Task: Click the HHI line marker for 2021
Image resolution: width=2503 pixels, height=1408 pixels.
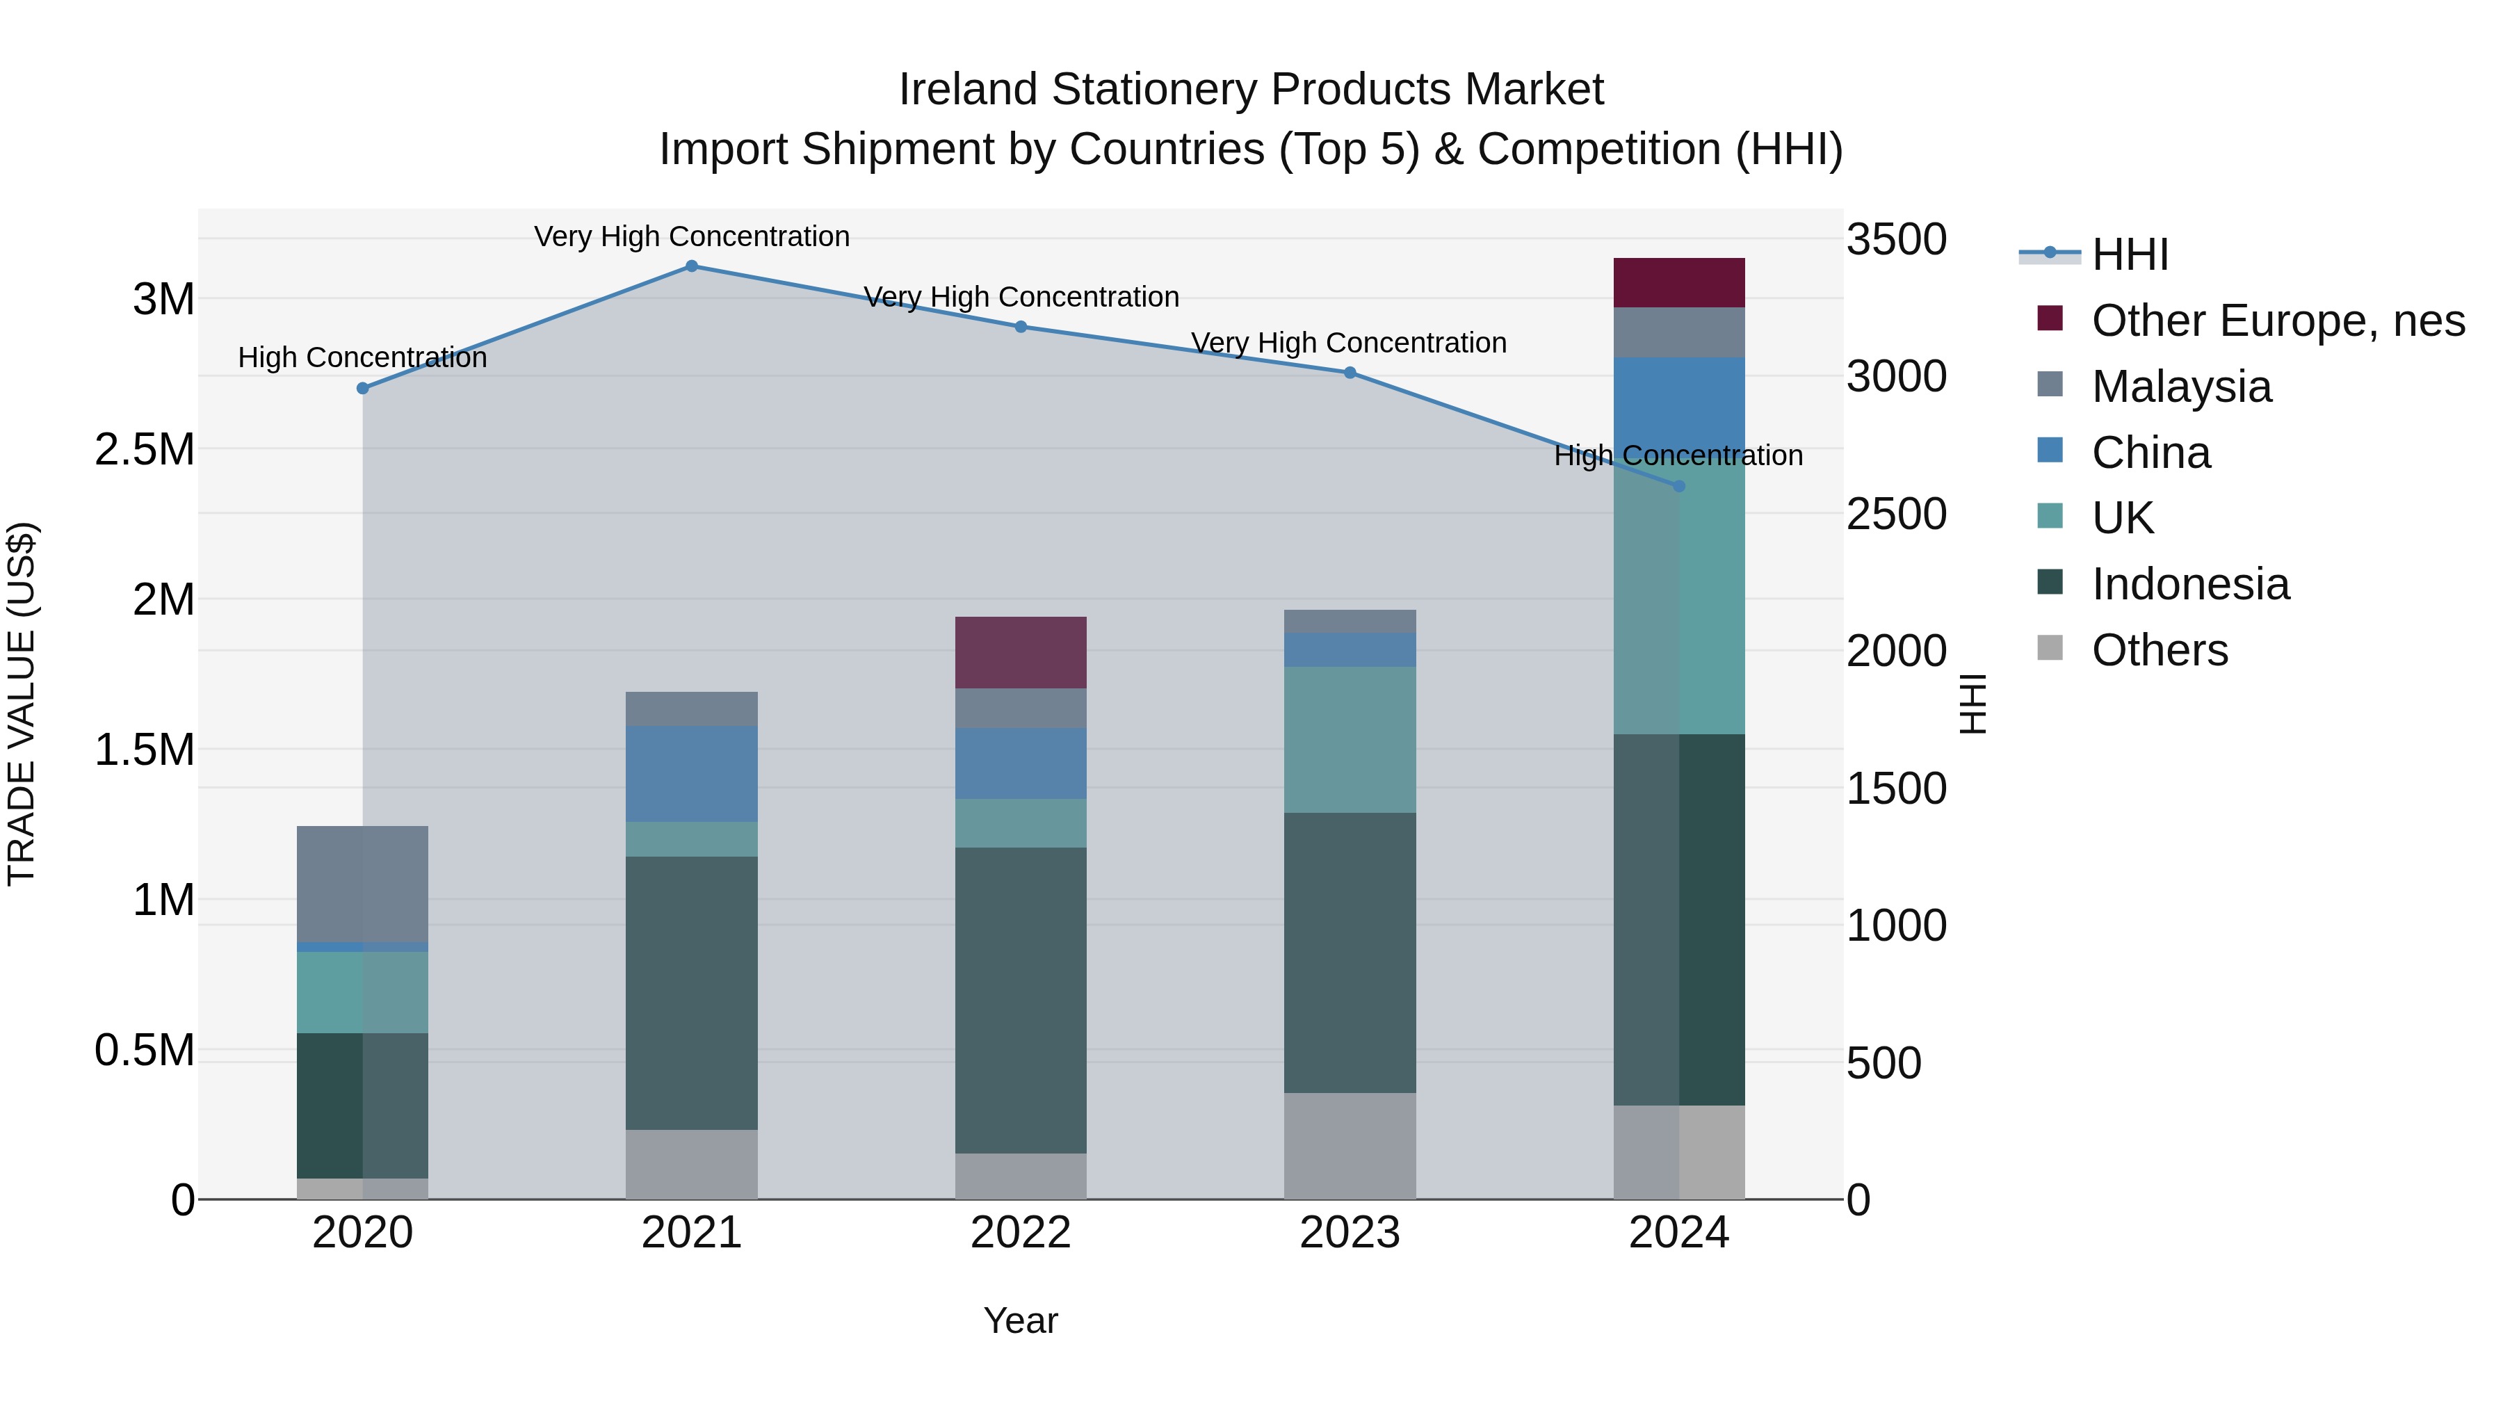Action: (x=692, y=266)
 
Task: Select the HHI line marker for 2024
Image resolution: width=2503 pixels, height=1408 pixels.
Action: (x=1679, y=486)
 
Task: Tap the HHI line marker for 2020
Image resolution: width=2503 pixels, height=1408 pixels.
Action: (x=362, y=389)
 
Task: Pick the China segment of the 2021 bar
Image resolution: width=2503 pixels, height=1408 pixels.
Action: (x=692, y=773)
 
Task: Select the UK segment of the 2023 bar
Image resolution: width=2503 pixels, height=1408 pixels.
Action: (x=1350, y=740)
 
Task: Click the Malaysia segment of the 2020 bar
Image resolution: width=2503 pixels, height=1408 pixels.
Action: (x=362, y=883)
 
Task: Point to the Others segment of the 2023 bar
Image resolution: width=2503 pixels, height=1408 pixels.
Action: (x=1350, y=1146)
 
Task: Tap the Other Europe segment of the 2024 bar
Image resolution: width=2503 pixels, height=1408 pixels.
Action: (x=1679, y=283)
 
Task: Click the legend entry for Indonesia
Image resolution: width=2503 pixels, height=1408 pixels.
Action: (x=2190, y=584)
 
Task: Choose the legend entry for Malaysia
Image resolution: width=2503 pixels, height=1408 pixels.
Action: (x=2181, y=387)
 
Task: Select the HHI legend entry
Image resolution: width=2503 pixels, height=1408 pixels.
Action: (x=2129, y=254)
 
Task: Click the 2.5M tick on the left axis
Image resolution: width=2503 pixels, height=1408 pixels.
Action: (x=144, y=450)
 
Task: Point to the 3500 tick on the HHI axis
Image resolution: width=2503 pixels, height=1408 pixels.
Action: (x=1896, y=239)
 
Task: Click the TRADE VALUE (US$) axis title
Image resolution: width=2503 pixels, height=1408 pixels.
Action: (x=22, y=704)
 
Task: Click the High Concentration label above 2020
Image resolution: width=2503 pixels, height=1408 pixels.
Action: (x=362, y=357)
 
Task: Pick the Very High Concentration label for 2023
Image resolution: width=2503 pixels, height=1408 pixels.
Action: (x=1349, y=343)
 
